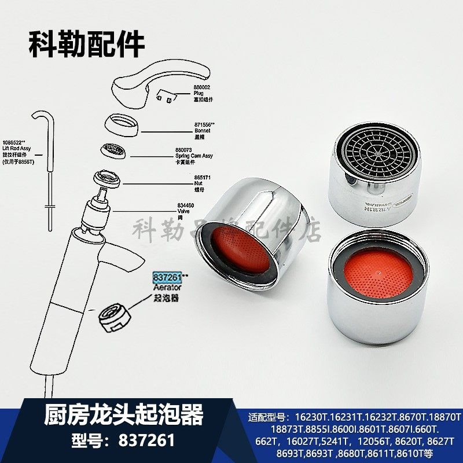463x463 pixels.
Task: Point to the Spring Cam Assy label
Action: tap(194, 156)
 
